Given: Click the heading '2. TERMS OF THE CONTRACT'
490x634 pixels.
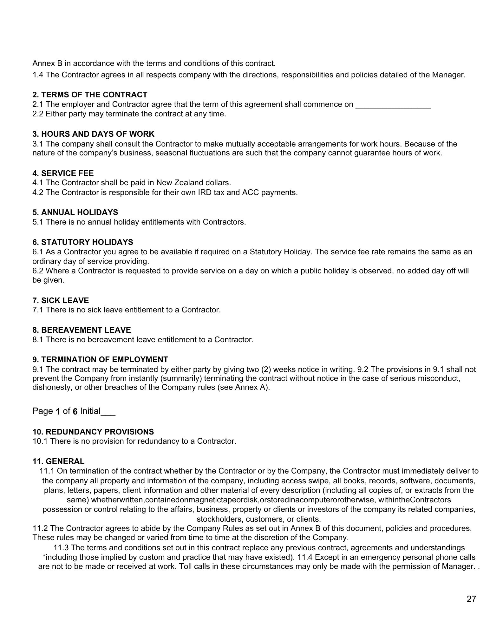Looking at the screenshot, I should click(x=90, y=95).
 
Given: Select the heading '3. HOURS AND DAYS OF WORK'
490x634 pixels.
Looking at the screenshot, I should click(x=93, y=134).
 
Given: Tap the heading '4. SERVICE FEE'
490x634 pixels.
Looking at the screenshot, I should click(x=63, y=173).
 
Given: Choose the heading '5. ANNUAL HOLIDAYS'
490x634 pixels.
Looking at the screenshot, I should click(x=75, y=212).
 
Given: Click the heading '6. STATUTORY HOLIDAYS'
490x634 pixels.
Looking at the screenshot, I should click(x=83, y=242).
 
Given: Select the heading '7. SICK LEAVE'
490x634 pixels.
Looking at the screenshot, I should click(x=61, y=301).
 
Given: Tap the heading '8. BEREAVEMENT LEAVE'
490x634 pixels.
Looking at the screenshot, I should click(x=82, y=330).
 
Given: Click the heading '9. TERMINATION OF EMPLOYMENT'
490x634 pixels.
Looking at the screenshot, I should click(x=100, y=360).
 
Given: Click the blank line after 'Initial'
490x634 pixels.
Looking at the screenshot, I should click(x=108, y=412).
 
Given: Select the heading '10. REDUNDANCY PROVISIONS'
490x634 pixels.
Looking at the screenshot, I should click(x=93, y=432).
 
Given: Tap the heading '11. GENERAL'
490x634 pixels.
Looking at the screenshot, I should click(x=58, y=461).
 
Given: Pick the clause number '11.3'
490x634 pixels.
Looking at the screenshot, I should click(x=61, y=548).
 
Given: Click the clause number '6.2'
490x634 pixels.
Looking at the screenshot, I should click(x=38, y=271).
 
